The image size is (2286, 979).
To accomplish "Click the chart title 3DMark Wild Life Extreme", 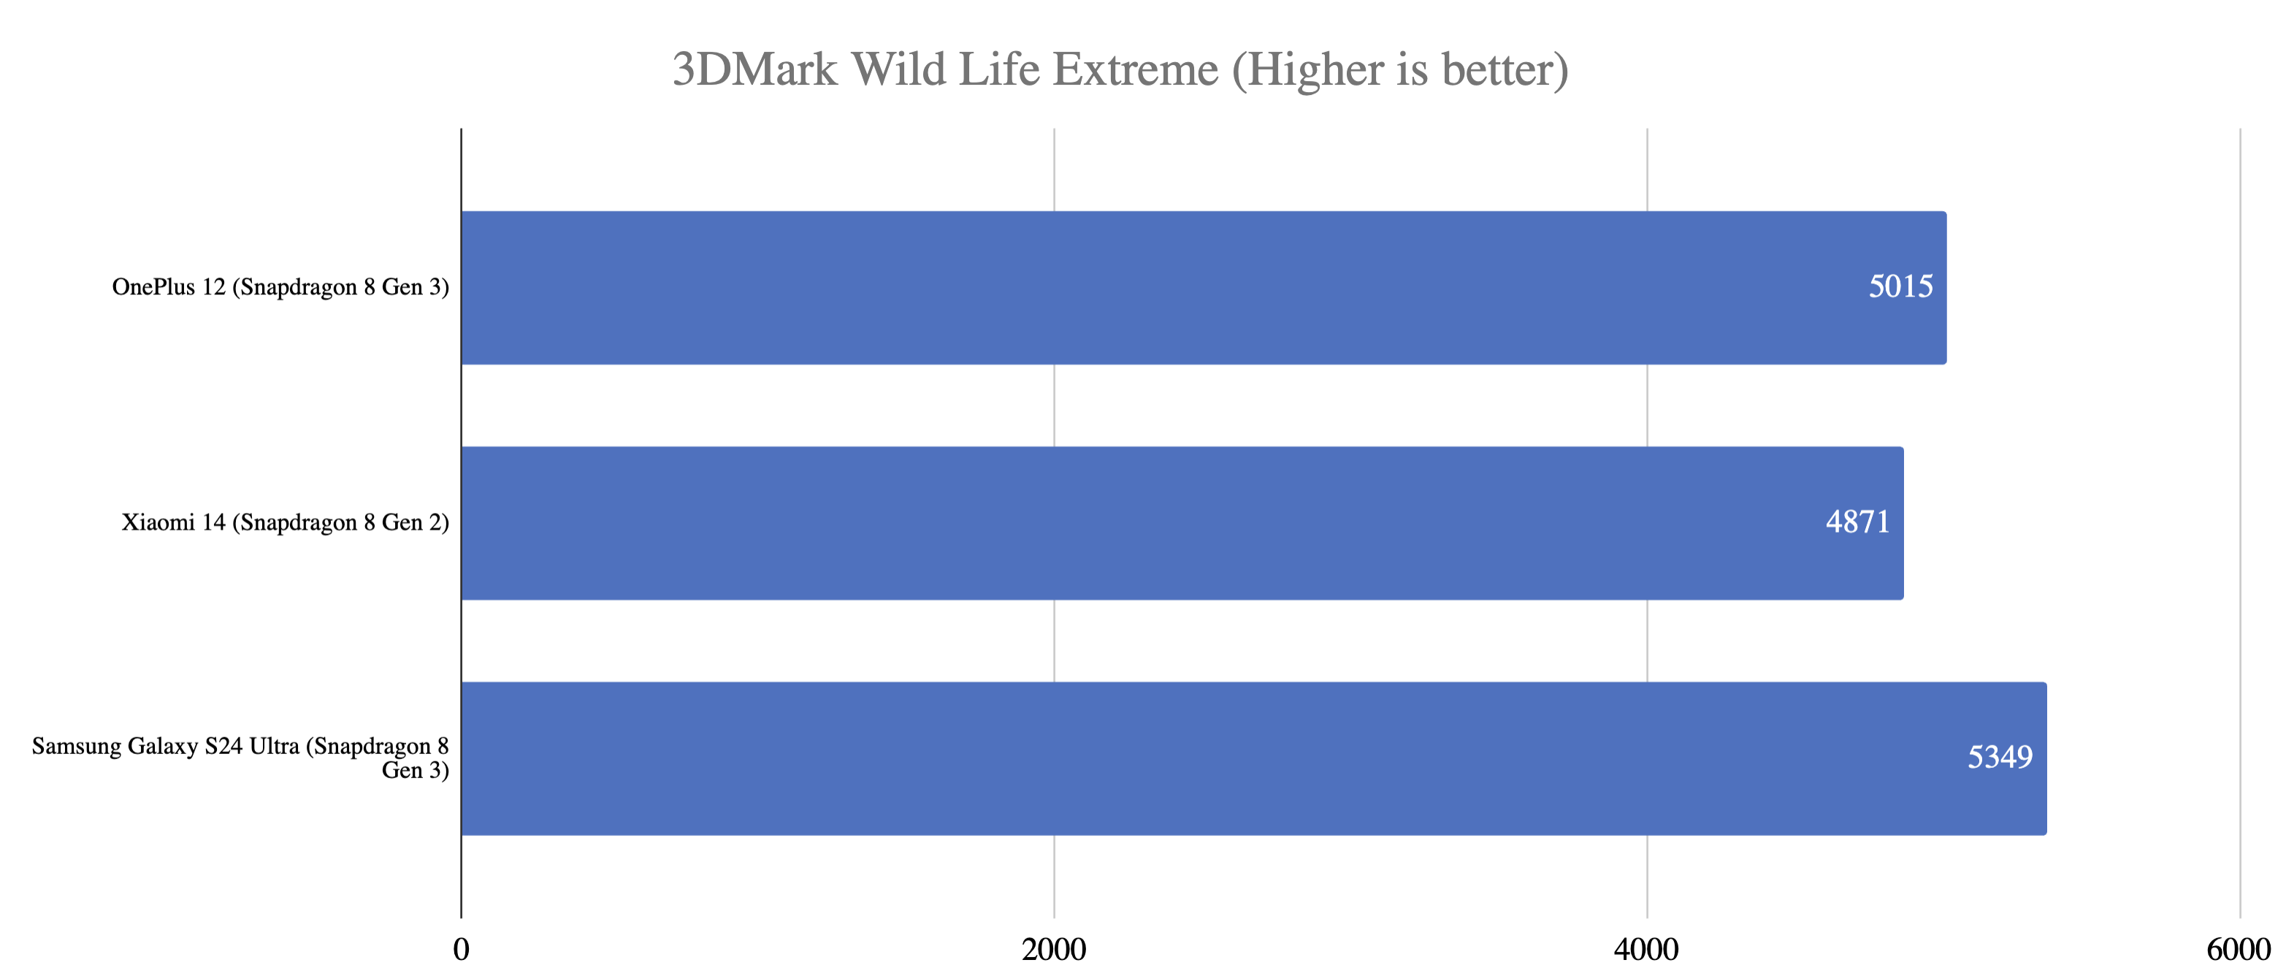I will pyautogui.click(x=1120, y=69).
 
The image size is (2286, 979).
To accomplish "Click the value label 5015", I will pyautogui.click(x=1900, y=286).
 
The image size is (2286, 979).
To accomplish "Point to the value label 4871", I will pyautogui.click(x=1857, y=522).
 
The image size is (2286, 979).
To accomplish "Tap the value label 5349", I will pyautogui.click(x=2000, y=757).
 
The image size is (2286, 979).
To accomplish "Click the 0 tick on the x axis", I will pyautogui.click(x=462, y=950).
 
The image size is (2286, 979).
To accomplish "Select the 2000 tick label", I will pyautogui.click(x=1053, y=950).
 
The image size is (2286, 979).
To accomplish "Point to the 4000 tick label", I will pyautogui.click(x=1646, y=950).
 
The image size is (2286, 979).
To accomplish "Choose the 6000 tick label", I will pyautogui.click(x=2238, y=950).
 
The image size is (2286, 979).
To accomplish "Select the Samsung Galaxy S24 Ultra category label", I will pyautogui.click(x=240, y=758).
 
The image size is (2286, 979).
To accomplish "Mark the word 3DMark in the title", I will pyautogui.click(x=754, y=69).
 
